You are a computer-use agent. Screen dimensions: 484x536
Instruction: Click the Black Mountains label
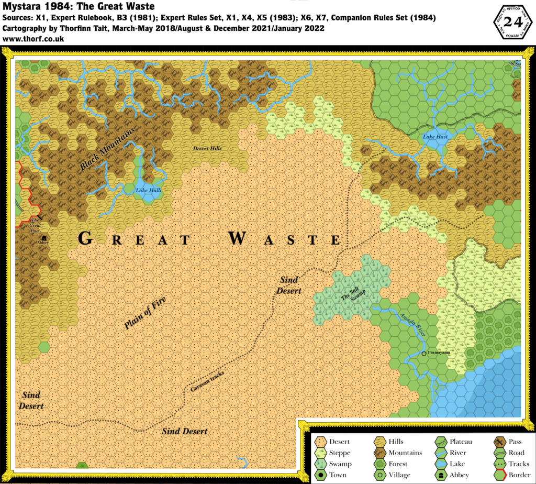click(107, 149)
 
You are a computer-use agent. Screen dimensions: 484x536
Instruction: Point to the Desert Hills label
click(207, 148)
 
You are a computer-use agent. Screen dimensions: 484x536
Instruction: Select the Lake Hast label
click(435, 137)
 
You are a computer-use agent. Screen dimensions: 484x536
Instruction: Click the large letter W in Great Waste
click(237, 239)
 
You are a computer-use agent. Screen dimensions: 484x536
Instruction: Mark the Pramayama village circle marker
click(424, 354)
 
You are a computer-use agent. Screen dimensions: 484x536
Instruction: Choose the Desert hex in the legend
click(320, 442)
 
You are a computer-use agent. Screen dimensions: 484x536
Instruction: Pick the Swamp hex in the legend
click(320, 464)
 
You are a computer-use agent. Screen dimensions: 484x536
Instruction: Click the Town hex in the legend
click(320, 475)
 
